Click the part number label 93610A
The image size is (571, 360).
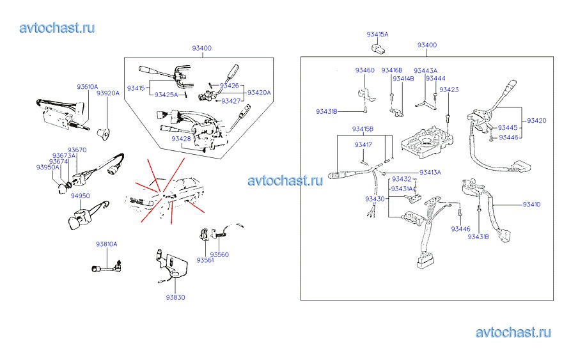point(88,86)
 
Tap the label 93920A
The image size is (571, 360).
point(107,93)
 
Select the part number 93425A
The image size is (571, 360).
point(166,95)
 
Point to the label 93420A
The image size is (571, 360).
point(259,92)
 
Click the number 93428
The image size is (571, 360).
point(180,138)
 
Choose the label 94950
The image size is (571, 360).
point(80,196)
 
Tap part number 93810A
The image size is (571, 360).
point(107,244)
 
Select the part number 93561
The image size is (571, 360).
point(205,260)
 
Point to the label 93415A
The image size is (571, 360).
point(377,34)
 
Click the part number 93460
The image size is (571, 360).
point(365,70)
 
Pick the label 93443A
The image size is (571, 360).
point(425,70)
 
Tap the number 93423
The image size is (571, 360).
point(449,90)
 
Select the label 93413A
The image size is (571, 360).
point(430,173)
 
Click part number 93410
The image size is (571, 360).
point(531,205)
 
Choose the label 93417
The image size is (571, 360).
point(363,145)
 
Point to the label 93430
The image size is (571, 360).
point(375,199)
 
